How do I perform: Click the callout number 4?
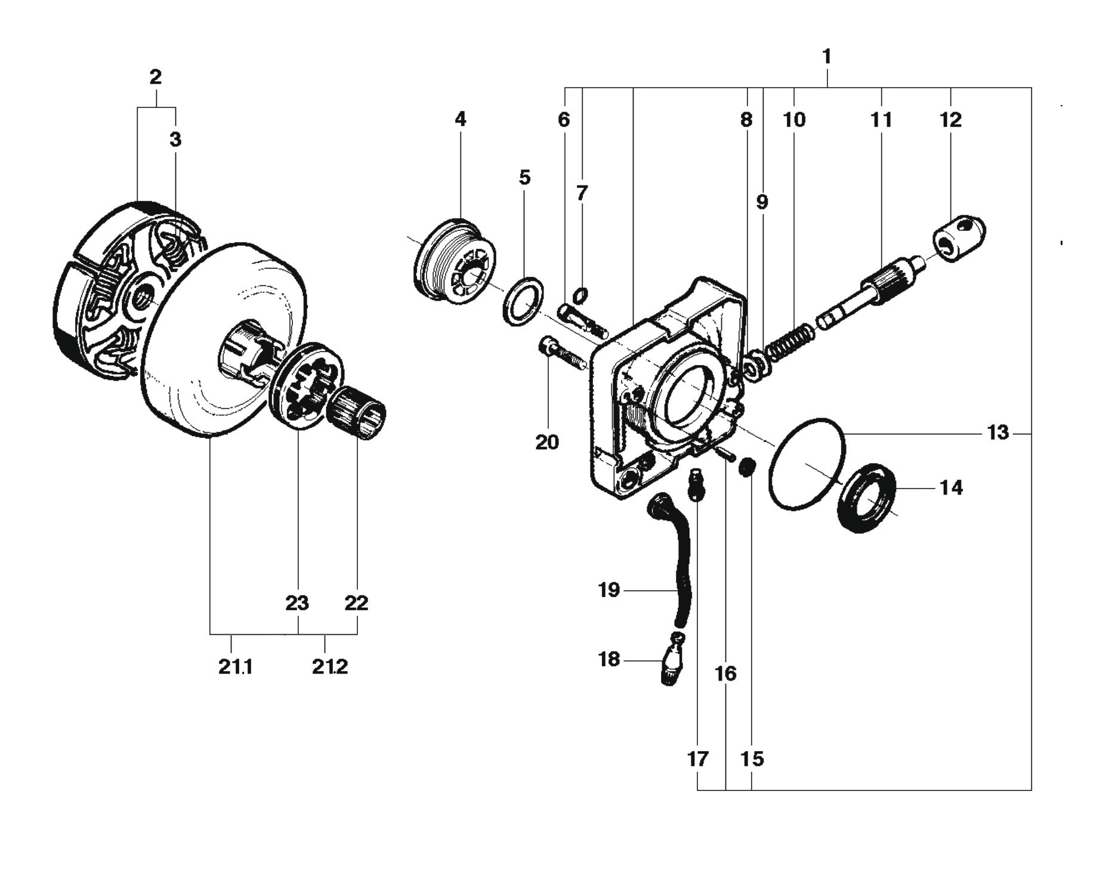460,119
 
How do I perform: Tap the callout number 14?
951,488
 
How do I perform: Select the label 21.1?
236,666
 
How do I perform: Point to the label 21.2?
330,666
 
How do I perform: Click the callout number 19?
609,590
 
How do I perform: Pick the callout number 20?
547,442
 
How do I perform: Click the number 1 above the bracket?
827,57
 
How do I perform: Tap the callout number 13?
997,433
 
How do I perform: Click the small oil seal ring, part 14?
869,497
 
